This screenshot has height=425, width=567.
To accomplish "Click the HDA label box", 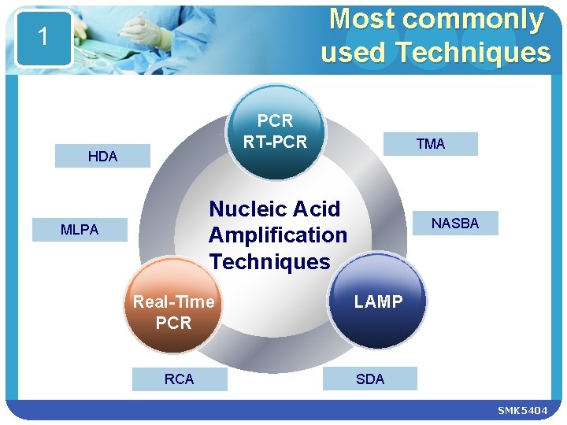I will pos(102,156).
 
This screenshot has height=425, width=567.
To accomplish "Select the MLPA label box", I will pos(80,230).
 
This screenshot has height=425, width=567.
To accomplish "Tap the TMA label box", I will pos(430,144).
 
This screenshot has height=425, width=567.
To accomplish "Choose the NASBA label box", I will pos(454,224).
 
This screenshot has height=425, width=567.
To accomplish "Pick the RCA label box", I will pos(179,379).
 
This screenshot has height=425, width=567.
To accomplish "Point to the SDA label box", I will pos(370,379).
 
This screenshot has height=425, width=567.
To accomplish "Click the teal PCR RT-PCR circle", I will pos(275,130).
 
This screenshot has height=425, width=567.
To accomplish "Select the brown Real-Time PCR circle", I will pos(173,311).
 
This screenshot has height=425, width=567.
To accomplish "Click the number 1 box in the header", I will pos(43,37).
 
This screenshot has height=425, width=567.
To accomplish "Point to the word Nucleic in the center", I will pos(243,209).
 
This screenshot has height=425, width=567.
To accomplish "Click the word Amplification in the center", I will pos(277,235).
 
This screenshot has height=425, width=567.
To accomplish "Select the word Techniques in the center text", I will pos(269,261).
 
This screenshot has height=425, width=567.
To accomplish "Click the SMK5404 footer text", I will pos(522,411).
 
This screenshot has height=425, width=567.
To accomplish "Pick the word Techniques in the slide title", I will pos(472,53).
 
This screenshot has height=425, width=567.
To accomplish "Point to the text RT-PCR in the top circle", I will pos(275,142).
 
